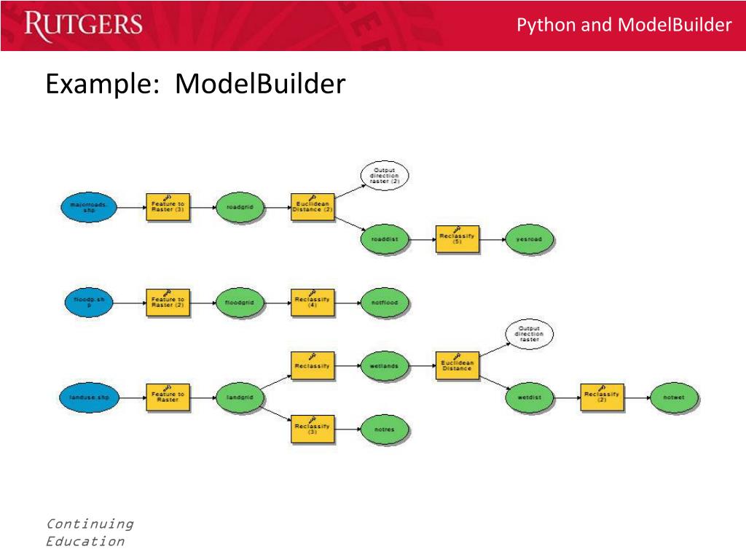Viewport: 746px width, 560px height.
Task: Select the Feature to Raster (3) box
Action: click(168, 206)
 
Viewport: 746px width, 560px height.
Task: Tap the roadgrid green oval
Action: click(240, 207)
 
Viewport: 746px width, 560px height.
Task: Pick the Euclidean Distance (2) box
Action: click(313, 206)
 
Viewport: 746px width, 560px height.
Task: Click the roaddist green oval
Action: click(385, 238)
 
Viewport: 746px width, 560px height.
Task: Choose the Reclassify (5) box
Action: click(458, 238)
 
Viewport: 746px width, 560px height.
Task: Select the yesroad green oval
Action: click(530, 238)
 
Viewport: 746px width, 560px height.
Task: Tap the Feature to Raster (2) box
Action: click(168, 302)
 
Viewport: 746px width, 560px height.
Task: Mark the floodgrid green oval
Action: click(240, 302)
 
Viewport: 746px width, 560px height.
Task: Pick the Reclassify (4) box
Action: click(313, 302)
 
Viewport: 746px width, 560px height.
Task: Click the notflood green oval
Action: click(385, 302)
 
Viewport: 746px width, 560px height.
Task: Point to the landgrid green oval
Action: click(240, 397)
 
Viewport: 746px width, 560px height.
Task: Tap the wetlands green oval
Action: click(385, 366)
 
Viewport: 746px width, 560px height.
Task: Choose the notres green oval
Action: click(385, 429)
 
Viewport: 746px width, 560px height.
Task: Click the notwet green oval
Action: click(675, 397)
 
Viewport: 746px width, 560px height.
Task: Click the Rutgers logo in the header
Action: click(83, 25)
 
